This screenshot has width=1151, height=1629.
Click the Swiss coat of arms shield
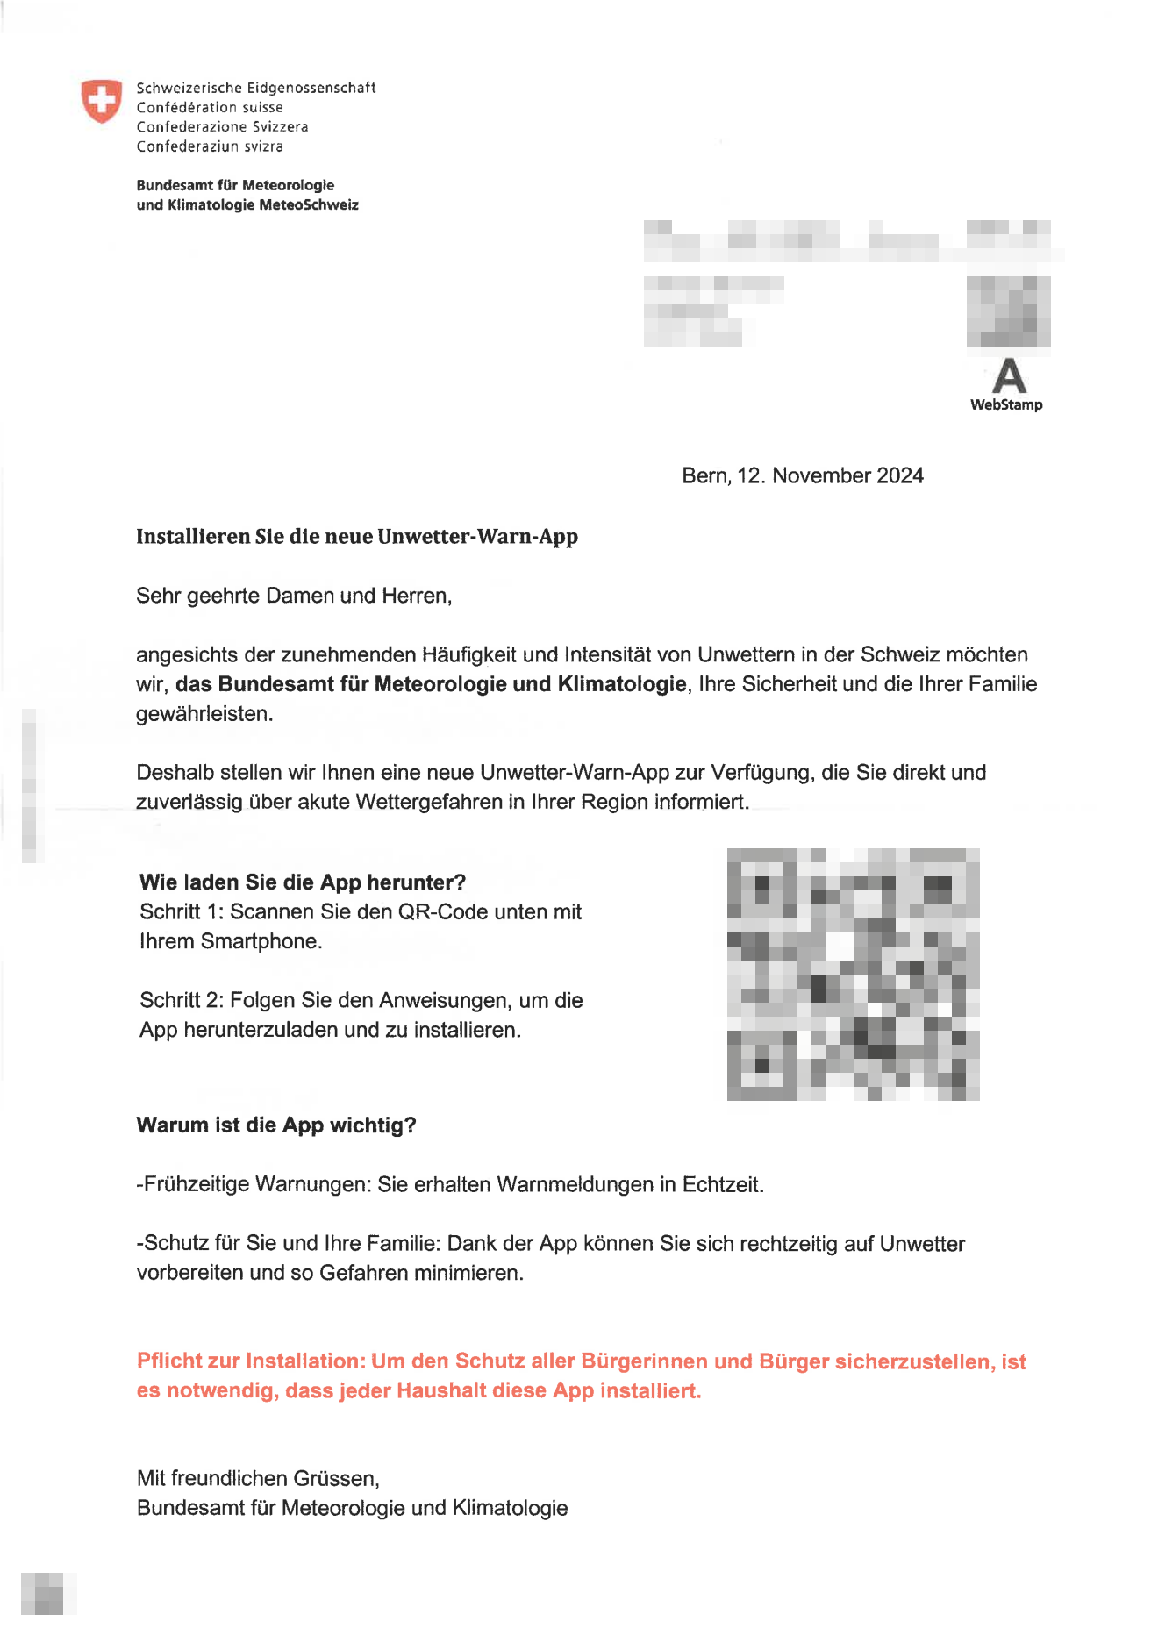(102, 101)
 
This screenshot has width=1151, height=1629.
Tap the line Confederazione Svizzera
(222, 126)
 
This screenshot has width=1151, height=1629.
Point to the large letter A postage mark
(1009, 376)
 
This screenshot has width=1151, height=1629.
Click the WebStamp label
(1006, 404)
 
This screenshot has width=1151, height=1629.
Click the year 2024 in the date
(900, 475)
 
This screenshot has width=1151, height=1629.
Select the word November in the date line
(821, 475)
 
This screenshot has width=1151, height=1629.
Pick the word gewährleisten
(204, 714)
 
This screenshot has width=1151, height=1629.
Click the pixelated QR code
(853, 974)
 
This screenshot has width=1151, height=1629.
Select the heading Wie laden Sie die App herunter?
(303, 882)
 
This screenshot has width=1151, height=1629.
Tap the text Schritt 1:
(181, 911)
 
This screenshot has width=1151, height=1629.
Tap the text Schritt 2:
(181, 1000)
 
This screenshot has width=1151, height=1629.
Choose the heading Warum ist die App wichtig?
(276, 1125)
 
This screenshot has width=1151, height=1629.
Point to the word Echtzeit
(723, 1184)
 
